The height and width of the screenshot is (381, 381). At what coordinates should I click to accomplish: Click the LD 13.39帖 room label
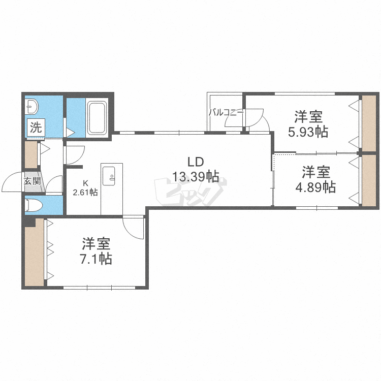[x=196, y=170]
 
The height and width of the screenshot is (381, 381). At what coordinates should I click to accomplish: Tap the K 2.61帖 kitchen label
[x=85, y=188]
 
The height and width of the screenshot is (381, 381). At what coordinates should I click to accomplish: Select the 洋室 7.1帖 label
[x=97, y=251]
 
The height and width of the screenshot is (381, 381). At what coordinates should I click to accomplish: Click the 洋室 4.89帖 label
[x=315, y=179]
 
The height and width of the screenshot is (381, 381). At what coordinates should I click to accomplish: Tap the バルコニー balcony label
[x=226, y=113]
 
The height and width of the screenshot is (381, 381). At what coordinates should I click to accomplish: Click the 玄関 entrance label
[x=32, y=180]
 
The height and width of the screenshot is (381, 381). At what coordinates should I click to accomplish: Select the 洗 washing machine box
[x=36, y=128]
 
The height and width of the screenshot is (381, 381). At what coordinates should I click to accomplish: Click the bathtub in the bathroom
[x=97, y=118]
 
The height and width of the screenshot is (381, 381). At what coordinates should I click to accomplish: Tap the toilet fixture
[x=36, y=205]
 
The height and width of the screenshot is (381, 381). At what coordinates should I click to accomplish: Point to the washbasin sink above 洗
[x=32, y=107]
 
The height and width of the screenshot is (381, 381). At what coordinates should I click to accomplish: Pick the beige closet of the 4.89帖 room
[x=368, y=180]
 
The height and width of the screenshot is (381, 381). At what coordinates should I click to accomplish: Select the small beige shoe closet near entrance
[x=31, y=155]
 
